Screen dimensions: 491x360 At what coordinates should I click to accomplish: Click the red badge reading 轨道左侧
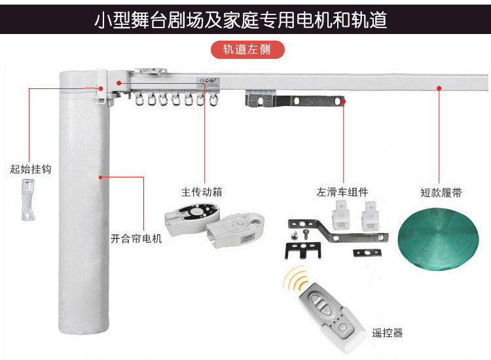coord(247,50)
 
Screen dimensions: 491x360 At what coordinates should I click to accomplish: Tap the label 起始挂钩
coord(30,169)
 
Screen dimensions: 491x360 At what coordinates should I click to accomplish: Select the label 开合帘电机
coord(136,238)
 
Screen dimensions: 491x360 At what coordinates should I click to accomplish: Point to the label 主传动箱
coord(202,192)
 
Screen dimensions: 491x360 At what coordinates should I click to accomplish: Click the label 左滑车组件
coord(342,192)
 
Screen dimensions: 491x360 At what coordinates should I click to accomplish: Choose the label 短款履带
coord(441,192)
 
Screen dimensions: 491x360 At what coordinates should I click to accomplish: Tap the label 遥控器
coord(388,333)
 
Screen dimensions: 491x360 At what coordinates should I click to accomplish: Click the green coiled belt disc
coord(438,239)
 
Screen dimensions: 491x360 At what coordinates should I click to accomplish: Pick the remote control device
coord(332,316)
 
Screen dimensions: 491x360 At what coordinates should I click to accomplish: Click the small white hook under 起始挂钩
coord(28,200)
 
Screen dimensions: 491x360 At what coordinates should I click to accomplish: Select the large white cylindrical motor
coord(84,202)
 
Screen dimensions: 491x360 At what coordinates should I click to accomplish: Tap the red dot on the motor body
coord(101,177)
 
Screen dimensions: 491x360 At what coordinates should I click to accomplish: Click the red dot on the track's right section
coord(439,88)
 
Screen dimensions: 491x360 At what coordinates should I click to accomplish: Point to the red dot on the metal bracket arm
coord(344,101)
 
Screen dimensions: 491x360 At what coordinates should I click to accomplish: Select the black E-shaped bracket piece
coord(303,251)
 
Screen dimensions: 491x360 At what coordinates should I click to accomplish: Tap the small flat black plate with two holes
coord(367,253)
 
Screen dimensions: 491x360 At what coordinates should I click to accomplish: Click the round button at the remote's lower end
coord(342,327)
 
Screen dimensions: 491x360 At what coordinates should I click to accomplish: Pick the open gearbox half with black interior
coord(191,218)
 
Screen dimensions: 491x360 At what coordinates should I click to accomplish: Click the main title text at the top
coord(240,20)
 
